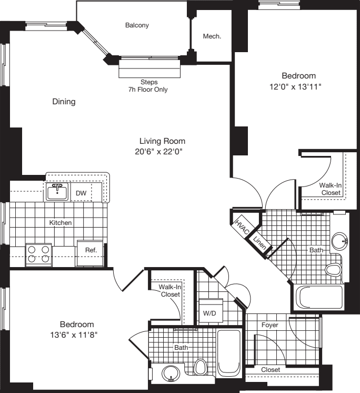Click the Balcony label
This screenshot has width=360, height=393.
pos(137,25)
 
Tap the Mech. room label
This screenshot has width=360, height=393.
pos(212,37)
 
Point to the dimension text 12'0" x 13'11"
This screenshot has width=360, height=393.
pos(298,86)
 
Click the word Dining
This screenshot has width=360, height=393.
pos(64,102)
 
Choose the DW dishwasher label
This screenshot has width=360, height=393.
pos(81,193)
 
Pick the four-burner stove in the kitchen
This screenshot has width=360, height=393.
pos(38,254)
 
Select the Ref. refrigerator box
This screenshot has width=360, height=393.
pos(84,250)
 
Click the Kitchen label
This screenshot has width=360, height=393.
pos(61,223)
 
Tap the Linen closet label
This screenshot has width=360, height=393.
pos(259,243)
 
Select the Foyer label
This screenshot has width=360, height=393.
pos(270,325)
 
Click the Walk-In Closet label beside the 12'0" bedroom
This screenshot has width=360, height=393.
pos(330,189)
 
